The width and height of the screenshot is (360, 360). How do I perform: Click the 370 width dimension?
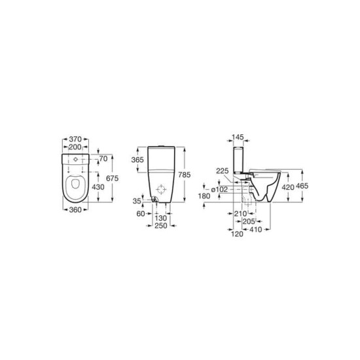pyautogui.click(x=75, y=139)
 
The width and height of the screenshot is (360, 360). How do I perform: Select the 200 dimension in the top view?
pyautogui.click(x=75, y=147)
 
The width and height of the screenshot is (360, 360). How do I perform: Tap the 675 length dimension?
pyautogui.click(x=113, y=178)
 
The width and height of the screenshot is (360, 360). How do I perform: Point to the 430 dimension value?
pyautogui.click(x=98, y=187)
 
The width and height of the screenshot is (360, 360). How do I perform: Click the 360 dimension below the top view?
pyautogui.click(x=75, y=209)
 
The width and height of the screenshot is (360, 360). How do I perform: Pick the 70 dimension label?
pyautogui.click(x=103, y=158)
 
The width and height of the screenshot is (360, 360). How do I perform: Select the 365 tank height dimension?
pyautogui.click(x=137, y=160)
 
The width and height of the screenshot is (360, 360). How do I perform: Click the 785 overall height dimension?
pyautogui.click(x=185, y=175)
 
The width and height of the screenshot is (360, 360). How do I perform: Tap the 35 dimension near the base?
pyautogui.click(x=137, y=201)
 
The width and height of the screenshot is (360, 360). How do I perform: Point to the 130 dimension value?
pyautogui.click(x=161, y=218)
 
